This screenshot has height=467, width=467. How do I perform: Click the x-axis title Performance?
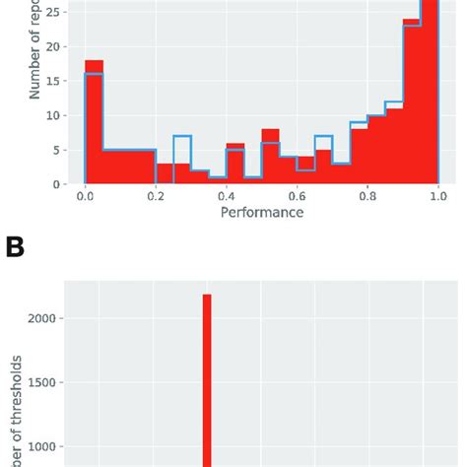tap(262, 213)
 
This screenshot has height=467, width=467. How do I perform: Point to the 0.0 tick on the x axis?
tap(86, 196)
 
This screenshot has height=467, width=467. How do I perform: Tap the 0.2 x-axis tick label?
tap(156, 196)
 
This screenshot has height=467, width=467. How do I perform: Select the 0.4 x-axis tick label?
tap(227, 196)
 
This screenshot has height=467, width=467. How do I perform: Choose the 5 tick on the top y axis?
tap(64, 150)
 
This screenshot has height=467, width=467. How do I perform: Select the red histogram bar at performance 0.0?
tap(94, 123)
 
